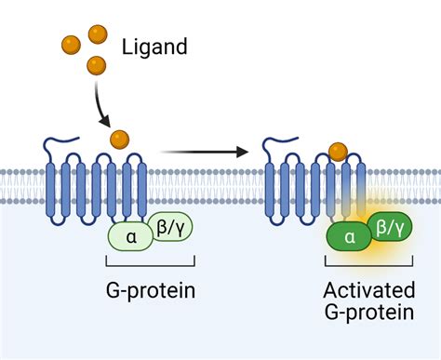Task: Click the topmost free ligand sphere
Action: pos(98,35)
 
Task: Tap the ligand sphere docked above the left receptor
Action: pos(119,140)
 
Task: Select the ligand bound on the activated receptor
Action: pos(338,150)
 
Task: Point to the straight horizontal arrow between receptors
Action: pos(205,151)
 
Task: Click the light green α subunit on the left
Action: pos(130,237)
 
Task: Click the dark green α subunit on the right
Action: pos(350,237)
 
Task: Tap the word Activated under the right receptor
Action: pos(368,290)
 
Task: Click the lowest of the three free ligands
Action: pos(96,65)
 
